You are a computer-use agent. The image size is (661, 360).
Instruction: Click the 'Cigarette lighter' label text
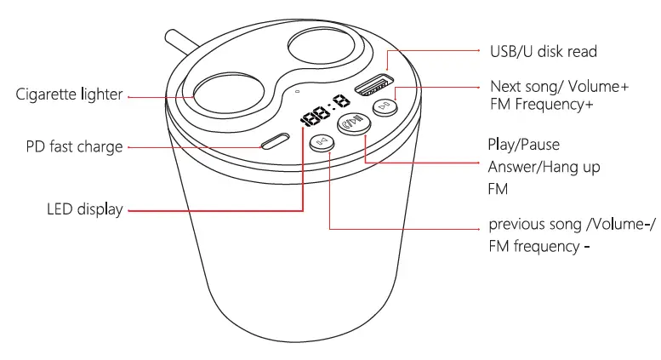(x=69, y=94)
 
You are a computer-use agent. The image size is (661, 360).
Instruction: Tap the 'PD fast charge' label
(x=74, y=147)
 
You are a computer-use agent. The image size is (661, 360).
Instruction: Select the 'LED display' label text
(x=84, y=209)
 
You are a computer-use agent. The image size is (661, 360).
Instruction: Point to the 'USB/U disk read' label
(x=544, y=52)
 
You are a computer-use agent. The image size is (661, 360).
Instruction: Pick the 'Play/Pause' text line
(x=523, y=145)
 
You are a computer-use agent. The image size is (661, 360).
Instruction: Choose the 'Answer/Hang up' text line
(x=544, y=167)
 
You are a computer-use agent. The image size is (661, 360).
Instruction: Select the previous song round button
(x=322, y=143)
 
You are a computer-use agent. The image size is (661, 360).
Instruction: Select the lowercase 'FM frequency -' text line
(x=539, y=247)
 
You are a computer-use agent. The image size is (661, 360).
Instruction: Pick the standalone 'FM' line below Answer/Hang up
(x=498, y=189)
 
